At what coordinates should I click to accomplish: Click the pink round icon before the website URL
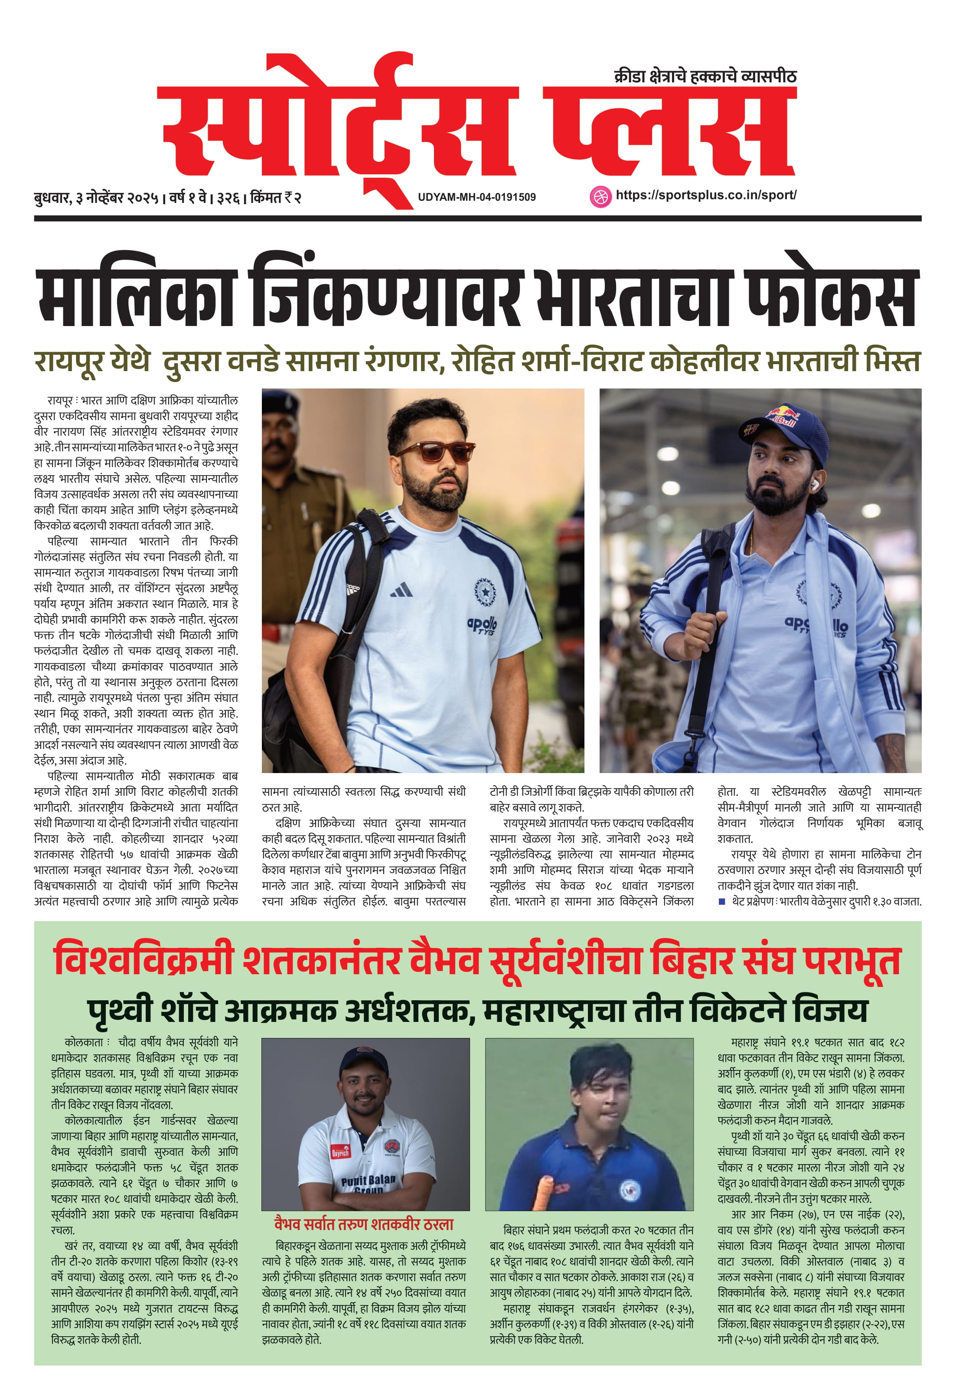pos(600,196)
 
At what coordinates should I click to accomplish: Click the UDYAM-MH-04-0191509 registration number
pos(476,197)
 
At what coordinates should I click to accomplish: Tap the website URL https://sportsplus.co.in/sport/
pos(705,195)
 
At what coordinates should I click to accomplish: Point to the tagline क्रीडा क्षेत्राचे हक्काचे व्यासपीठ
pos(705,76)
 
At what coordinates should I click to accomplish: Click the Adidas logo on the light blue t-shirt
pos(401,589)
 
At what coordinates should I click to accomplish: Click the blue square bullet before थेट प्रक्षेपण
pos(722,902)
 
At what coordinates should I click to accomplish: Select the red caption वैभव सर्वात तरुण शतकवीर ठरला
pos(363,1224)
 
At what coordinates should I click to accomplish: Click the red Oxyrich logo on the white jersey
pos(340,1152)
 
